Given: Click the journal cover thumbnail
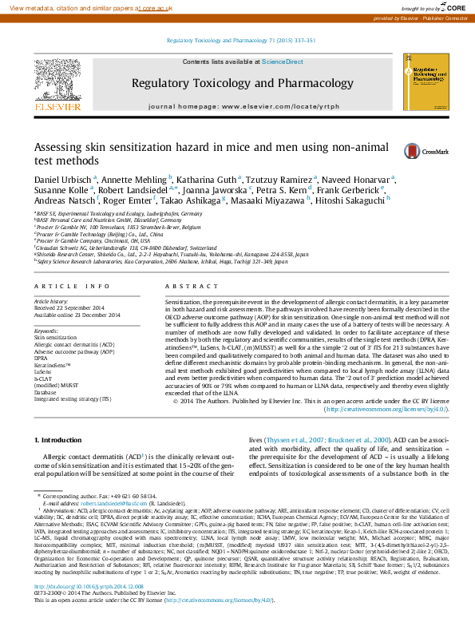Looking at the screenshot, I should tap(418, 83).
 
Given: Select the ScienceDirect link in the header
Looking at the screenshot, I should tap(283, 61).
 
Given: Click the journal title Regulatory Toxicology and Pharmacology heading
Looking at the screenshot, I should tap(243, 83).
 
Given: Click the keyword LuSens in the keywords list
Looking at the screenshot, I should tap(43, 371).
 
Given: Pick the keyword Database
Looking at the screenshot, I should tap(46, 393).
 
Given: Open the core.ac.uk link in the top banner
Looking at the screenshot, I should tap(157, 6).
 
